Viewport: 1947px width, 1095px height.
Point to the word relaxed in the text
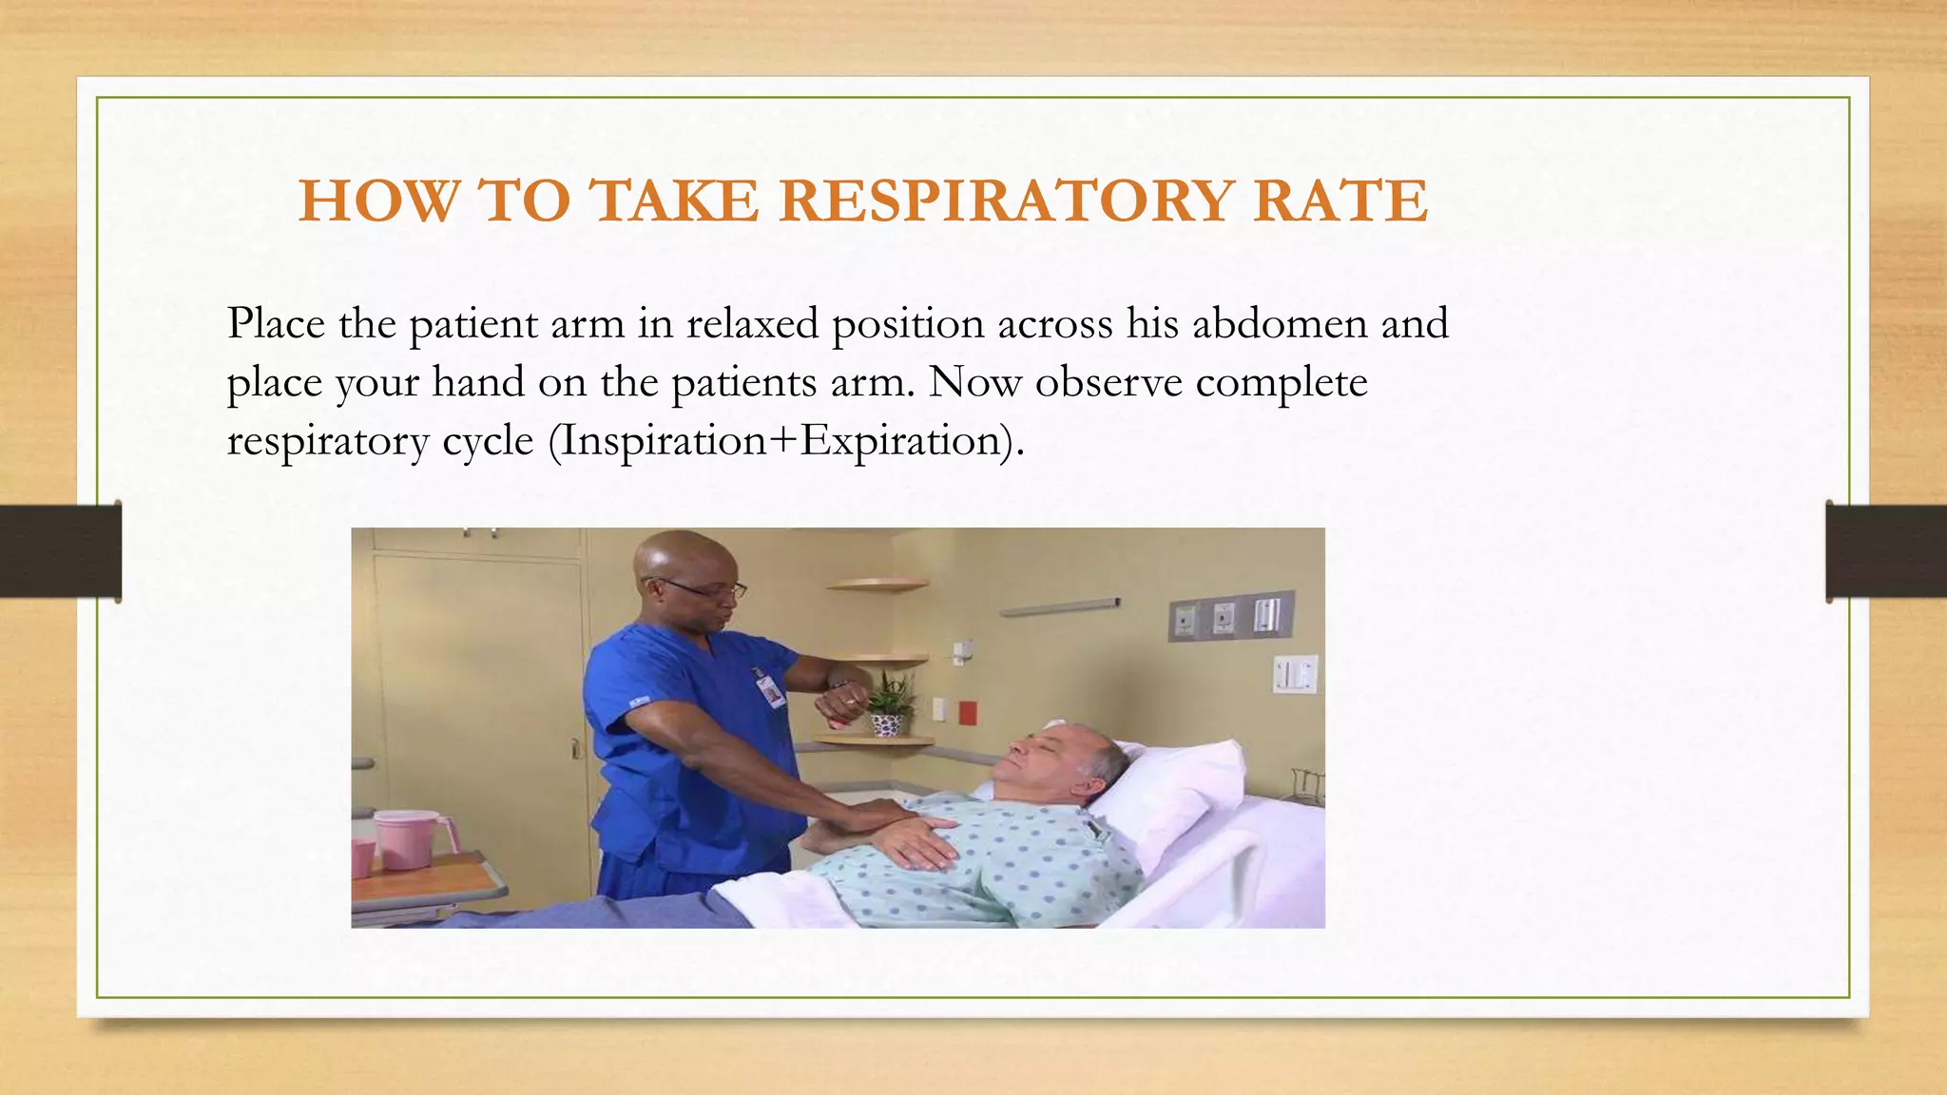click(752, 324)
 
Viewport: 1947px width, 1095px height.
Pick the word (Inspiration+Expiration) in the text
click(786, 441)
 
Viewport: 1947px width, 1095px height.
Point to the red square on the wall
click(967, 713)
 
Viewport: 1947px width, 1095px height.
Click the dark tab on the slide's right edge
click(1886, 551)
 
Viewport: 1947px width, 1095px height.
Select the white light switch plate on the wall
click(1295, 675)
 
